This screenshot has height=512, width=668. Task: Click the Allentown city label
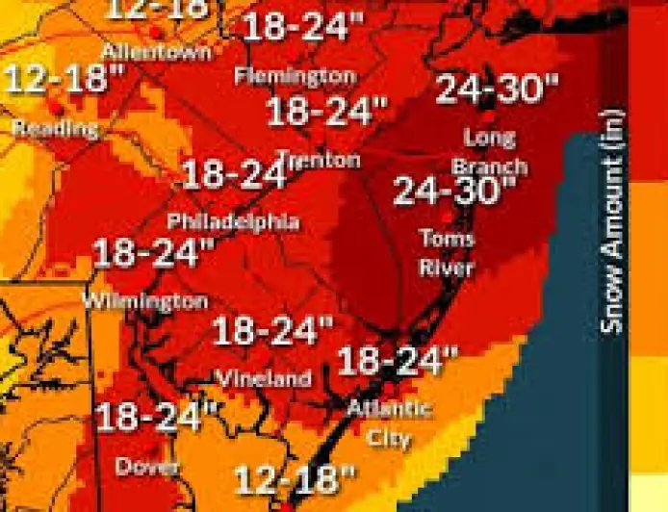pyautogui.click(x=155, y=50)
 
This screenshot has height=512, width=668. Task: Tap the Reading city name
pyautogui.click(x=55, y=128)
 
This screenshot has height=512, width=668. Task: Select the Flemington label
pyautogui.click(x=295, y=75)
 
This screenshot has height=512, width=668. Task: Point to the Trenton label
pyautogui.click(x=319, y=160)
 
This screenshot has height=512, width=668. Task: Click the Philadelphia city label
pyautogui.click(x=233, y=221)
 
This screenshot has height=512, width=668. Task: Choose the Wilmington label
pyautogui.click(x=144, y=301)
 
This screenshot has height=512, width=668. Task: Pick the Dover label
pyautogui.click(x=147, y=467)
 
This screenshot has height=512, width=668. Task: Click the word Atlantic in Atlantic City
pyautogui.click(x=389, y=408)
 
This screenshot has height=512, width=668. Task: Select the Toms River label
pyautogui.click(x=447, y=251)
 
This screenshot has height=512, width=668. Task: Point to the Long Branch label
pyautogui.click(x=490, y=152)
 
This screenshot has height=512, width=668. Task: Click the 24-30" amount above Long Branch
pyautogui.click(x=497, y=89)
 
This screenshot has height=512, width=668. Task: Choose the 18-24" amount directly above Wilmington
pyautogui.click(x=153, y=254)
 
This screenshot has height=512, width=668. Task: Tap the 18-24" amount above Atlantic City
pyautogui.click(x=397, y=361)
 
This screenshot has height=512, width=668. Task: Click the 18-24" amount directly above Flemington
pyautogui.click(x=301, y=26)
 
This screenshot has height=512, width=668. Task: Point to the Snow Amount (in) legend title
pyautogui.click(x=612, y=221)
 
